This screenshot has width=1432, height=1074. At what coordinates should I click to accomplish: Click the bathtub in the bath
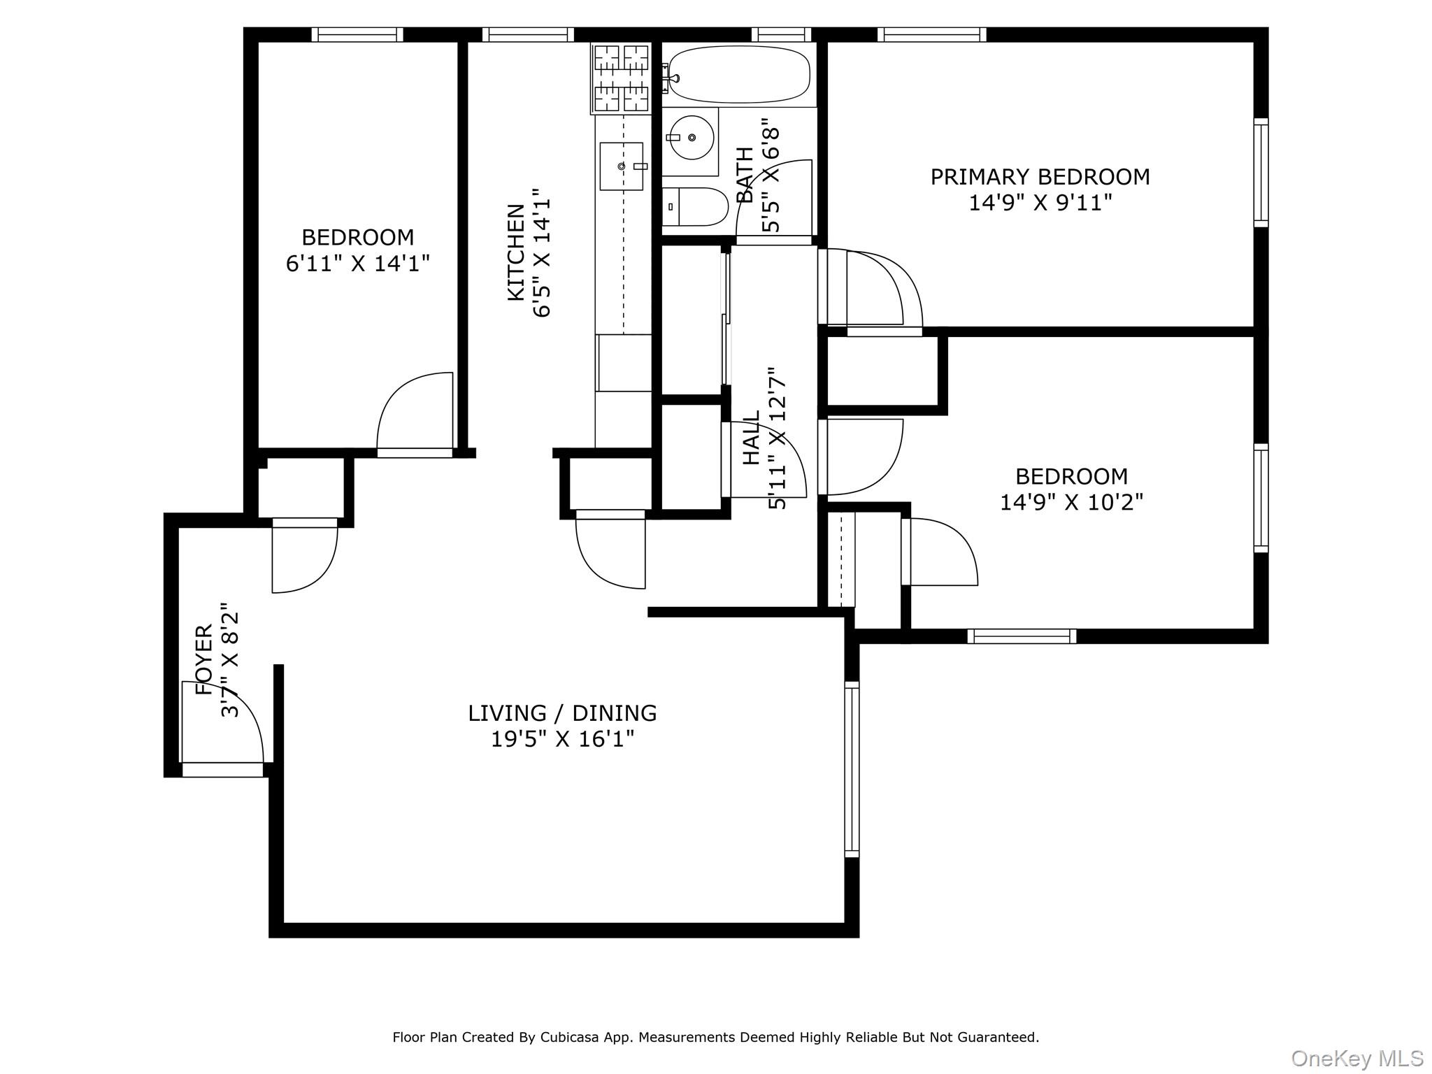tap(739, 75)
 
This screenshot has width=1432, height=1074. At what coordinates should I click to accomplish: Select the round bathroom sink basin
tap(691, 138)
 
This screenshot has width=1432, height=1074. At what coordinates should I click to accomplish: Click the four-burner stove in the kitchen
tap(621, 78)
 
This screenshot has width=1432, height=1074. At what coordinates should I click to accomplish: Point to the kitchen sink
tap(622, 166)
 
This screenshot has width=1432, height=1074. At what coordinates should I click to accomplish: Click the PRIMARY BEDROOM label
tap(1040, 177)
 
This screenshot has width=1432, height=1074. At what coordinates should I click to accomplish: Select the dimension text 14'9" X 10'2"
tap(1071, 503)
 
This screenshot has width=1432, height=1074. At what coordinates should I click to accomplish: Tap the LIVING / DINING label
tap(562, 713)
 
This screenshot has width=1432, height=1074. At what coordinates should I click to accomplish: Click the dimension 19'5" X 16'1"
tap(562, 739)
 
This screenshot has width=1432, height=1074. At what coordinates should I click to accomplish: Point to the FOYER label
tap(203, 659)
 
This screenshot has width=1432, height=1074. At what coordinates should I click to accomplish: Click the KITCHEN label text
tap(516, 252)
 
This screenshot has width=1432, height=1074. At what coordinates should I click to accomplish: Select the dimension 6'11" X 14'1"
tap(357, 264)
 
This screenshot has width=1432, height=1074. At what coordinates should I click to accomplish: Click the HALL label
tap(751, 438)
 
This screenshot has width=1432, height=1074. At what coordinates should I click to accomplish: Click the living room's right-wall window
tap(851, 769)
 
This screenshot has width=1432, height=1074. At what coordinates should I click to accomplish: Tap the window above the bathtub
tap(782, 34)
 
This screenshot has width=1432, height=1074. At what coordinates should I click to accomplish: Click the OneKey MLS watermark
tap(1356, 1058)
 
